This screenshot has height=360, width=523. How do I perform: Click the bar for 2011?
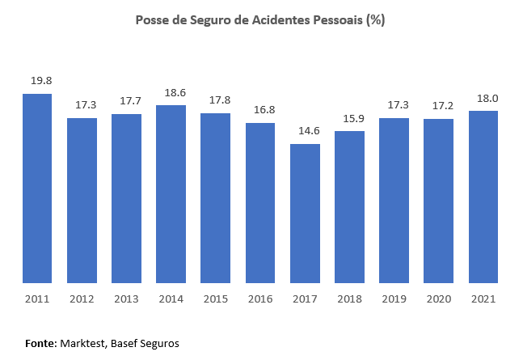point(37,188)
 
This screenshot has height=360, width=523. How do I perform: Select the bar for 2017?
point(305,214)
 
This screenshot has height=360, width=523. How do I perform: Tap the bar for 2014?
point(171,194)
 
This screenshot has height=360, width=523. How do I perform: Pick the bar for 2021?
point(483,197)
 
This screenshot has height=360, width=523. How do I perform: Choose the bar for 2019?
point(394,201)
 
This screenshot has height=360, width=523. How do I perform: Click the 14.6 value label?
point(305,130)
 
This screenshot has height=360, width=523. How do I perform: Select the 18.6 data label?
point(171,92)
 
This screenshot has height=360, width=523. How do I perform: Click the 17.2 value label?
point(438,105)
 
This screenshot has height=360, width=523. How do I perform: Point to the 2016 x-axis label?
point(260,299)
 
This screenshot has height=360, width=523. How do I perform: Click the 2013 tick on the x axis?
point(126,299)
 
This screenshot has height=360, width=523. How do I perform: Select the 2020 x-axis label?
point(438,299)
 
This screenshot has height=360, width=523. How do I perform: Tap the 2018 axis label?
point(349,299)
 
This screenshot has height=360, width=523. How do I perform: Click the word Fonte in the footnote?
point(41,343)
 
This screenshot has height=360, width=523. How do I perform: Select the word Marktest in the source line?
point(83,343)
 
